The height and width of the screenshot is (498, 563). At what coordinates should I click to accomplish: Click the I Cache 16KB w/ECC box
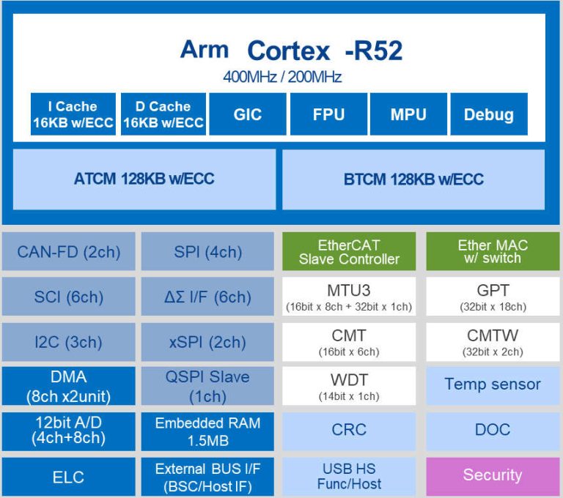[73, 114]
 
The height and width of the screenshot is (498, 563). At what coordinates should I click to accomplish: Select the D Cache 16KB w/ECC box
[163, 114]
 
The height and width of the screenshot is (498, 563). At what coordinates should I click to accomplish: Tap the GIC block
[247, 114]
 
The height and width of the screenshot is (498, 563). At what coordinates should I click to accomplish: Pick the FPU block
[328, 114]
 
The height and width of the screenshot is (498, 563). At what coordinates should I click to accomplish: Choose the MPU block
[408, 114]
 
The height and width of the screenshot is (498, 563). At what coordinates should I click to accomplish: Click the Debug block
[488, 114]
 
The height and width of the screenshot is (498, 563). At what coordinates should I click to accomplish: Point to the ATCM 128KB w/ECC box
[144, 179]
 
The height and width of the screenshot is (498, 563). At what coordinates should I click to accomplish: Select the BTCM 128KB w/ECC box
[413, 179]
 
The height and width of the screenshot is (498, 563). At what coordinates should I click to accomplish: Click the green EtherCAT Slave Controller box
[349, 252]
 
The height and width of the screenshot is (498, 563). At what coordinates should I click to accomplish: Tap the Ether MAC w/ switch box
[493, 252]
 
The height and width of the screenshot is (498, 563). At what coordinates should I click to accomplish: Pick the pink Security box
[493, 475]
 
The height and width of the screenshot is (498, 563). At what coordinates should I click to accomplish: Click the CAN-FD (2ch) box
[69, 252]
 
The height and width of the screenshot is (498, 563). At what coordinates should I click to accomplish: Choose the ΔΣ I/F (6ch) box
[208, 297]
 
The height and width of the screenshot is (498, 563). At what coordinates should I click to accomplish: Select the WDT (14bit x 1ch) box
[349, 387]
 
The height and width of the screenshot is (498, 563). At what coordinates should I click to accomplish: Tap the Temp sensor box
[493, 384]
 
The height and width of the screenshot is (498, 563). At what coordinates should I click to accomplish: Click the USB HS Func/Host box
[349, 476]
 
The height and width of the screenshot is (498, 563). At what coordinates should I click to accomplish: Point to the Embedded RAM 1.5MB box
[208, 431]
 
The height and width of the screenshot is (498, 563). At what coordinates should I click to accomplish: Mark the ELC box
[69, 477]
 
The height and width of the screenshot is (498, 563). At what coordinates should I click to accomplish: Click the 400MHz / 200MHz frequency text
[282, 77]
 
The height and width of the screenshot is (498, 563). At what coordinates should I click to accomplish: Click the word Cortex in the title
[289, 51]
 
